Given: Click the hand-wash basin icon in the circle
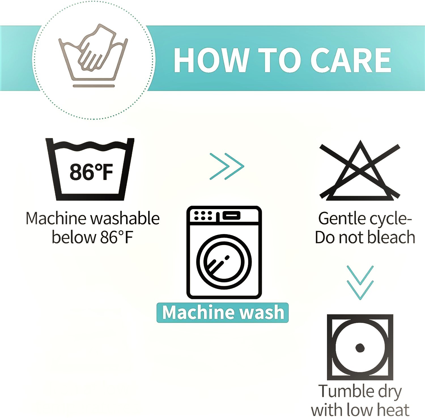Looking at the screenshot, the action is point(93,52).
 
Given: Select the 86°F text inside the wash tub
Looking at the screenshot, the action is point(91,172).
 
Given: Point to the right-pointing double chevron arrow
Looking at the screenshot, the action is point(227,166).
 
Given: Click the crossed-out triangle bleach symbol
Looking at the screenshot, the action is point(360,170).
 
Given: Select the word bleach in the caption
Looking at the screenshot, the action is point(392,237).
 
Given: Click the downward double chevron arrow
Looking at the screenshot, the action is point(360,282).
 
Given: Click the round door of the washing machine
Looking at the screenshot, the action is point(224,262).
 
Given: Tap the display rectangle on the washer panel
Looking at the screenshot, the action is point(231,216).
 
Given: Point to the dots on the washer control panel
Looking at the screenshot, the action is point(203,216).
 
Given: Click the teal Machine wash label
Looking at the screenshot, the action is point(223,312).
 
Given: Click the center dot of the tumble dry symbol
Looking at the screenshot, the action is point(360,348).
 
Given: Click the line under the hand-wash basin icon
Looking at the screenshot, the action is point(94,86).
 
